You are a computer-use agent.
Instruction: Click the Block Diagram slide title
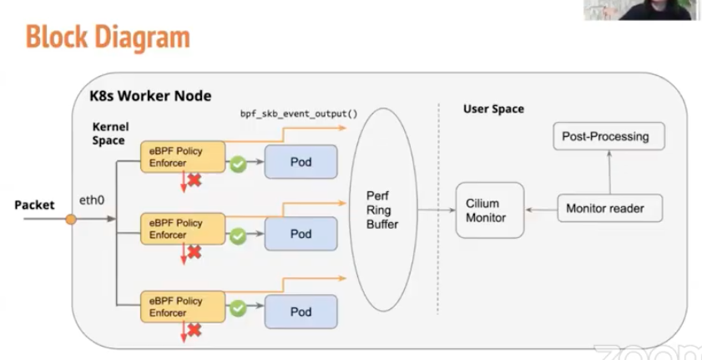[x=108, y=37]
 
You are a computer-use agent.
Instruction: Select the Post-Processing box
[x=609, y=136]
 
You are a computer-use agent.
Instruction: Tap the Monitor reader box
[x=610, y=208]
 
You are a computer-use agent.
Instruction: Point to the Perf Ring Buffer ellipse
[x=383, y=210]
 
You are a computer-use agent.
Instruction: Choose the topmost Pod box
[x=300, y=161]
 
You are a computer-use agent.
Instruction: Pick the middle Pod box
[x=300, y=234]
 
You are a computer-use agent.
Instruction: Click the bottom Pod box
[x=300, y=312]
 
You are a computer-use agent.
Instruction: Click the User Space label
[x=493, y=109]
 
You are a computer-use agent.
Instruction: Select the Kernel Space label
[x=109, y=134]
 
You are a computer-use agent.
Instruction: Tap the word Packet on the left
[x=34, y=205]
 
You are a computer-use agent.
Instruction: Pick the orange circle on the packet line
[x=71, y=219]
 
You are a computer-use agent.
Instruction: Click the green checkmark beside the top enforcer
[x=238, y=165]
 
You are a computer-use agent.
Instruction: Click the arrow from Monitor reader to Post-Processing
[x=609, y=173]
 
